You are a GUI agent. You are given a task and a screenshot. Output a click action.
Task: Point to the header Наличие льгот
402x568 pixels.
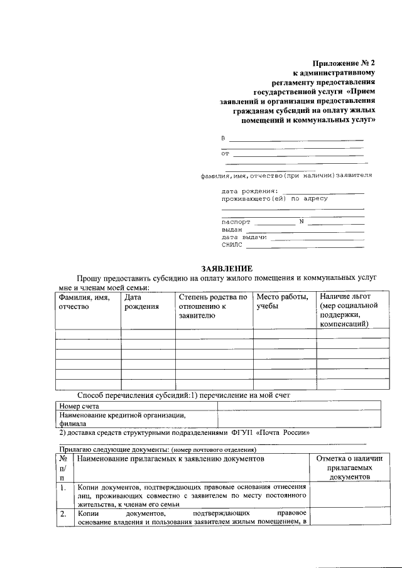[x=345, y=296]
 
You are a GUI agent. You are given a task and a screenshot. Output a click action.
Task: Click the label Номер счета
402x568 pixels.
[x=78, y=406]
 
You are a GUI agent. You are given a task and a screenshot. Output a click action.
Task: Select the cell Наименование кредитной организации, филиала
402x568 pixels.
[x=122, y=419]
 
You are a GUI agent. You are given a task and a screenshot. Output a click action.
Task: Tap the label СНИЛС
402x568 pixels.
[x=232, y=245]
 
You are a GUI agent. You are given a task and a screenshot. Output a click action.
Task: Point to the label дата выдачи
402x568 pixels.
[x=244, y=238]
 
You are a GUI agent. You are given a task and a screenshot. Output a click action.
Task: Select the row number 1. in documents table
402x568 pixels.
[x=63, y=487]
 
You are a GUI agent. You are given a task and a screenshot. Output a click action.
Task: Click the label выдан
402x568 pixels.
[x=232, y=230]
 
